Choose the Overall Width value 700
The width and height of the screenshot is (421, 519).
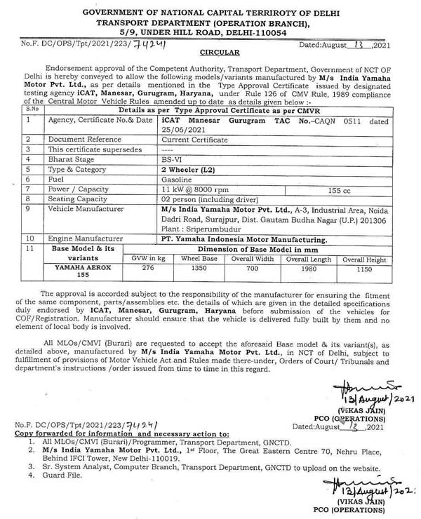tap(252, 287)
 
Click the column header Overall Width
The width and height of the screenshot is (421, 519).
tap(252, 274)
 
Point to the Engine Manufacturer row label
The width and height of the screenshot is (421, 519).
tap(81, 248)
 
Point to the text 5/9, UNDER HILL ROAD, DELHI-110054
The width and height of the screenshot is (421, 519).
tap(210, 32)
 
